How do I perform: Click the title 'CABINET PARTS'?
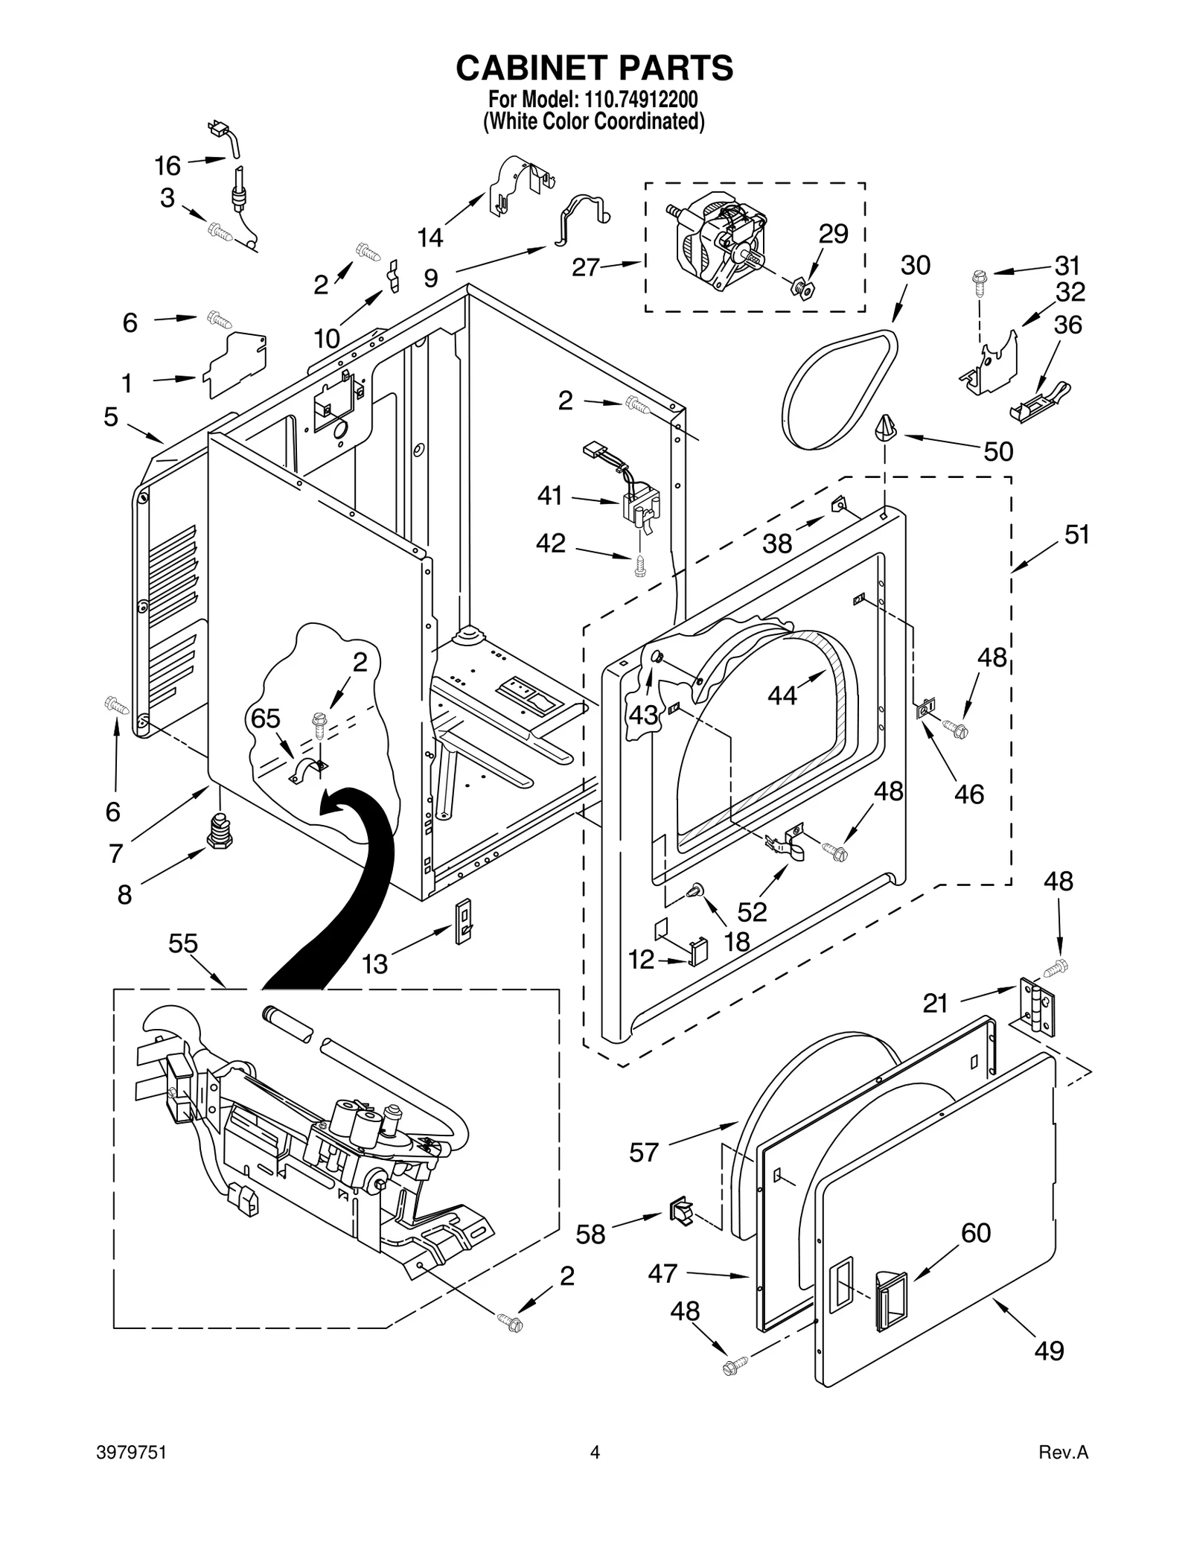coord(594,68)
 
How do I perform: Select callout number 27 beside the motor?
coord(586,267)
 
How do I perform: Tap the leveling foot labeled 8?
coord(219,832)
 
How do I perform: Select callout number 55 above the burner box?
coord(182,943)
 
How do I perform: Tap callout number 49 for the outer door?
coord(1048,1371)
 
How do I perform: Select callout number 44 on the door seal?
coord(782,695)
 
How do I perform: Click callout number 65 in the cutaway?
coord(265,719)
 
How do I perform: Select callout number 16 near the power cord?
coord(167,165)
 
